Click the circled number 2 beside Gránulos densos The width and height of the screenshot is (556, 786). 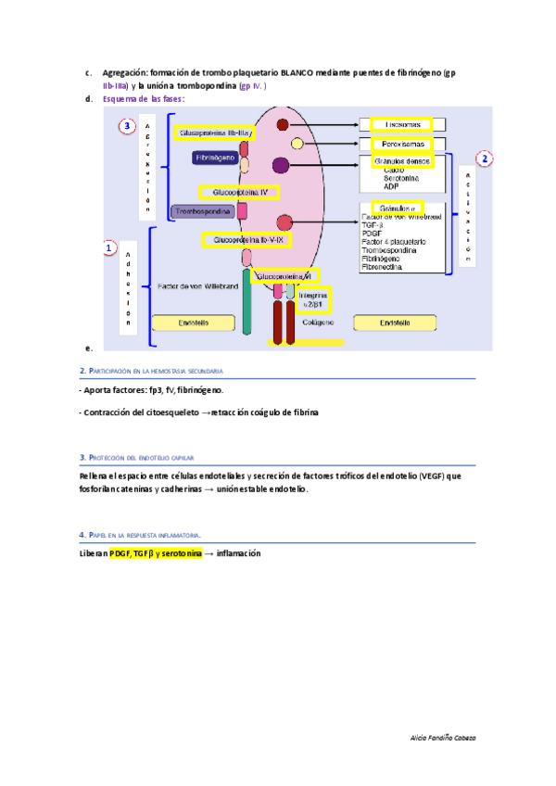pos(485,158)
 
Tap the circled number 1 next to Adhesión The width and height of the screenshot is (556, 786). pos(109,249)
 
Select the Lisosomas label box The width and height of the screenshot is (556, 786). pos(401,124)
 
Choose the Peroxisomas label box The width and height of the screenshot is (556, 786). pos(401,145)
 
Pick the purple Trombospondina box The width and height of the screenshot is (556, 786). pos(203,212)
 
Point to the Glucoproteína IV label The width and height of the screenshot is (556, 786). pos(239,192)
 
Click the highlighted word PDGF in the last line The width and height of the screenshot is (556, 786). pos(120,553)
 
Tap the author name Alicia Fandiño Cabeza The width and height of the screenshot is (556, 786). pos(442,737)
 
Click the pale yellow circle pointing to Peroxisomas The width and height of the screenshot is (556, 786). pos(297,144)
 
